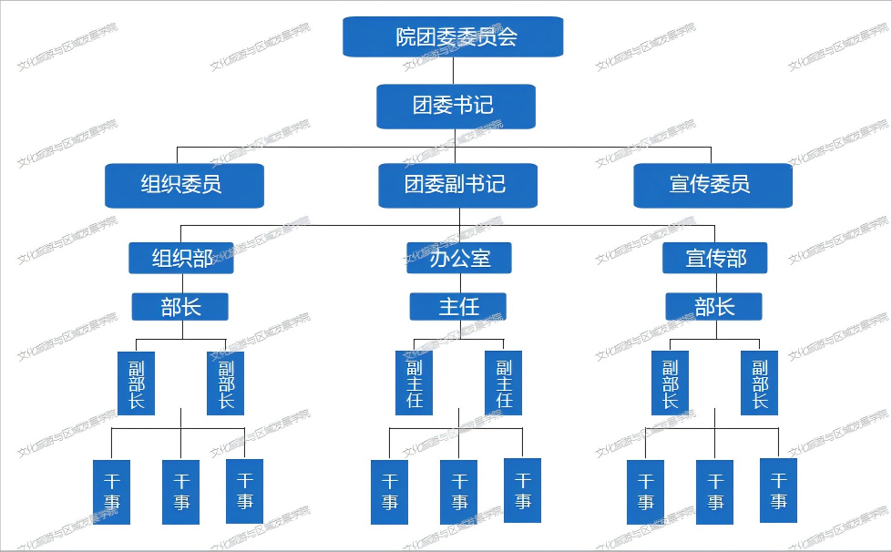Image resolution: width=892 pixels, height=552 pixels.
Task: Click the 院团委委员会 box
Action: (453, 36)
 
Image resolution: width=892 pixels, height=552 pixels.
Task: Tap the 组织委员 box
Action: (184, 185)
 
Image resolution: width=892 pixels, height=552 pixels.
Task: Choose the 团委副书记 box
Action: (457, 185)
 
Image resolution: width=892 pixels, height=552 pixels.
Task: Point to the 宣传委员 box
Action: (713, 185)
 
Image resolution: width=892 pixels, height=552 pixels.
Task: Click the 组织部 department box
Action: (181, 258)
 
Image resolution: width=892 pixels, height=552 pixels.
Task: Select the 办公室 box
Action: (459, 258)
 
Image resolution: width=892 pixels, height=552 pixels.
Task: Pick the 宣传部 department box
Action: (715, 258)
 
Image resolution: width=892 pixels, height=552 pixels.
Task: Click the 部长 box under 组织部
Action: (179, 307)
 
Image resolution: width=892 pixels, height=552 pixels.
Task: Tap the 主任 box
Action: (457, 307)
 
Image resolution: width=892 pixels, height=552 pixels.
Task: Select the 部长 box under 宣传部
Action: (713, 307)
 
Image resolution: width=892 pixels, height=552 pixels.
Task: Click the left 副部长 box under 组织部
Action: (137, 383)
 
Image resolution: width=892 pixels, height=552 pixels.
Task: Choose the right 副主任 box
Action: (504, 383)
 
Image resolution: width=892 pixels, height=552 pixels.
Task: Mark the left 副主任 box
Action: (414, 383)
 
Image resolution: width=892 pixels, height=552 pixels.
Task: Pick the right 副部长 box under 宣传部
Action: (760, 383)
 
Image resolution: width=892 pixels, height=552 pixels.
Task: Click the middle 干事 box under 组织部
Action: (181, 492)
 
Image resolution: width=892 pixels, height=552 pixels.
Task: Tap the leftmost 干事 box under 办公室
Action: (390, 492)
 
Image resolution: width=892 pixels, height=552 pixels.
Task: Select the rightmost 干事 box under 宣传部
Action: (779, 490)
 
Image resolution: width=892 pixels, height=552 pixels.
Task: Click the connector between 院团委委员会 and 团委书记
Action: (454, 70)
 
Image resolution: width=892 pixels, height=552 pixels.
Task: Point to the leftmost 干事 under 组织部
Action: (111, 492)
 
